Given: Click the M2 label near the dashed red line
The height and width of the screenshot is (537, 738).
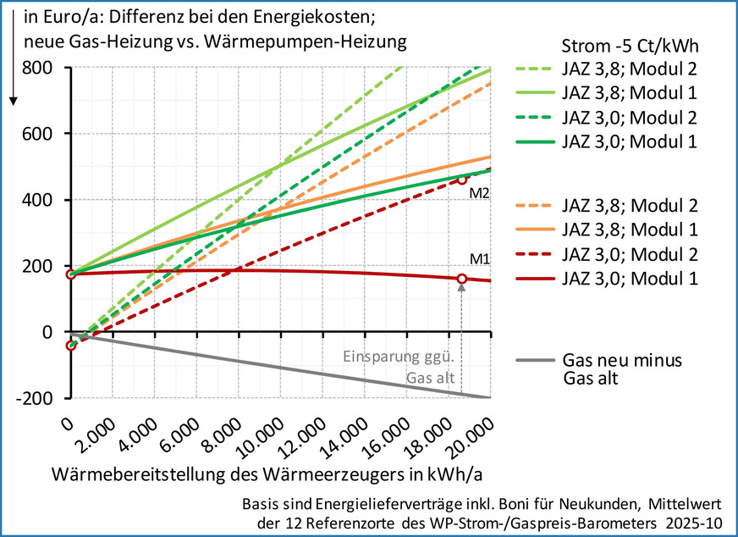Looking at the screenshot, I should (x=481, y=192).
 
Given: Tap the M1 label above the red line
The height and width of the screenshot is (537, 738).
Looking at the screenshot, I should (x=481, y=259).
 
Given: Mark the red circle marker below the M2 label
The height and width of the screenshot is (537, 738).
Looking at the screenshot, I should (x=462, y=180).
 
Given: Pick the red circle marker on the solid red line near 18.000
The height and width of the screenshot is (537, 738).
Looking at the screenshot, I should (x=462, y=279).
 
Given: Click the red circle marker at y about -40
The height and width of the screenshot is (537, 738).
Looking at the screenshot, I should (x=71, y=346).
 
